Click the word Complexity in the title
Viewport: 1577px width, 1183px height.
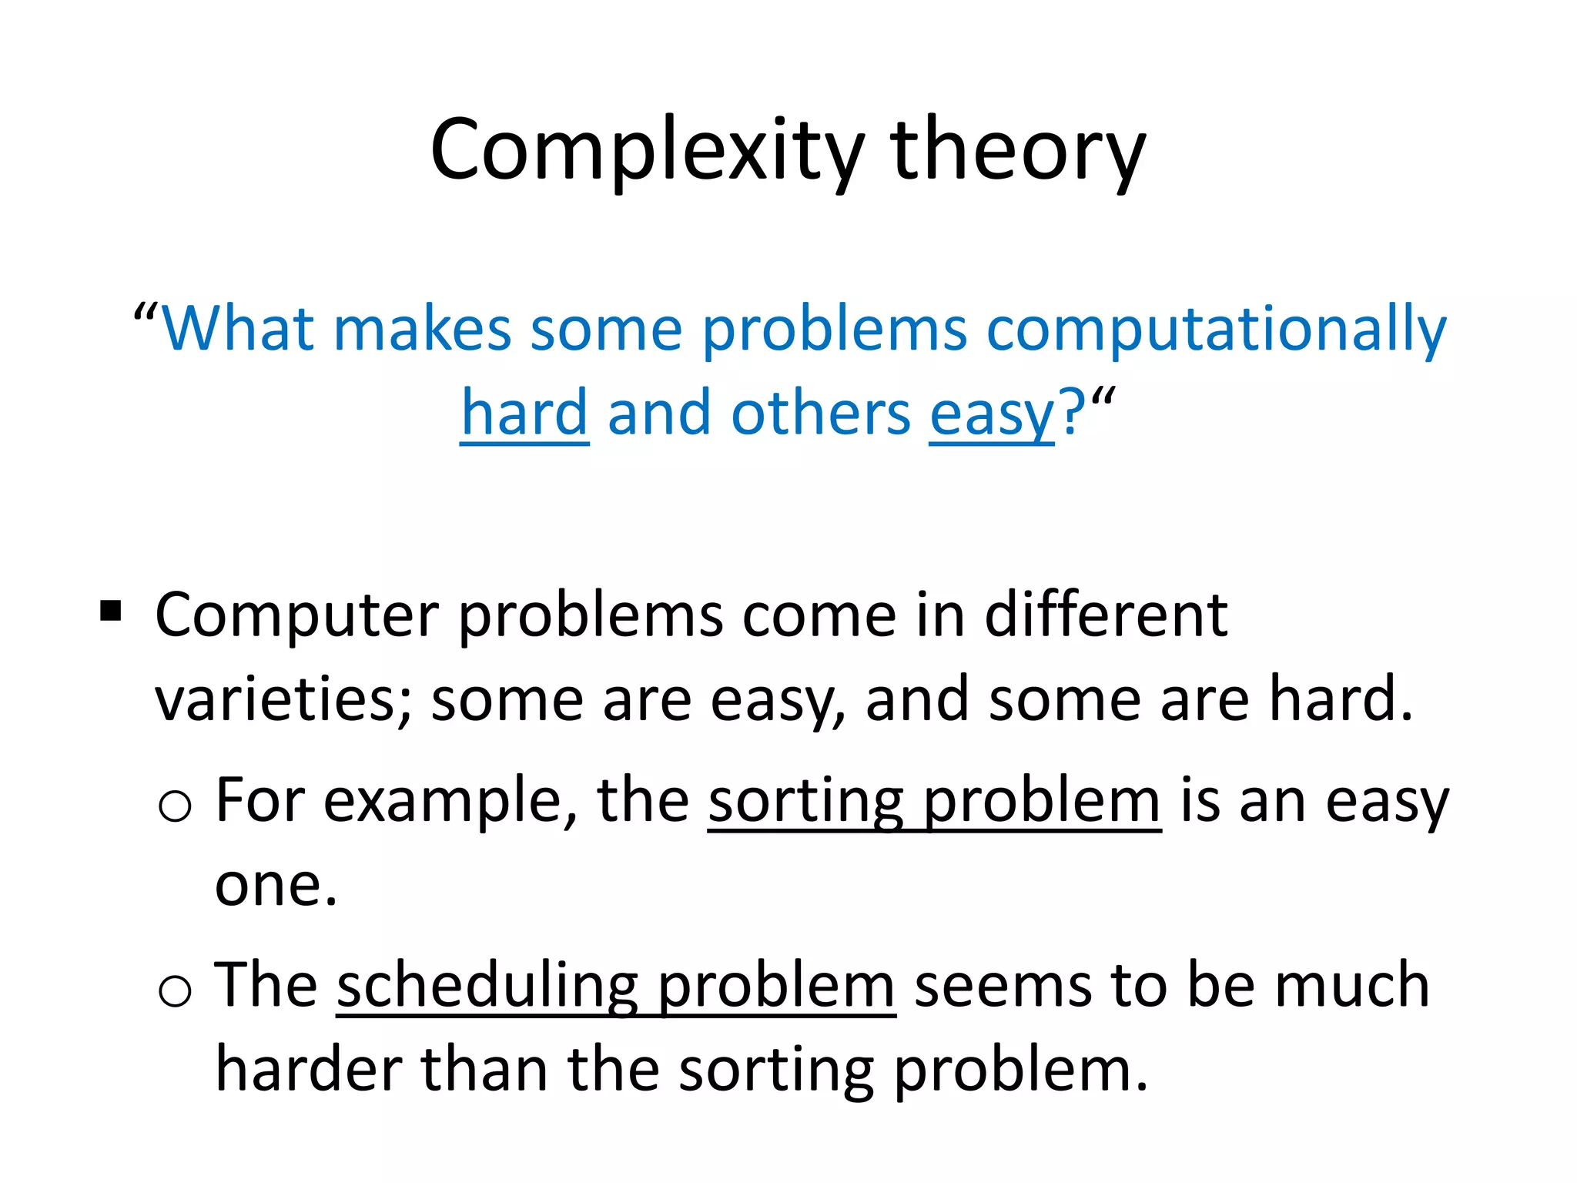pyautogui.click(x=647, y=150)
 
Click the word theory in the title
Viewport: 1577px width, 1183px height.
pyautogui.click(x=1018, y=150)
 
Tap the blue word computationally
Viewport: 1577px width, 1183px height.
pyautogui.click(x=1217, y=330)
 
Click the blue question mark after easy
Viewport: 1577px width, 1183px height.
pyautogui.click(x=1072, y=413)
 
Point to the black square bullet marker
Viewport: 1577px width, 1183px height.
pyautogui.click(x=111, y=612)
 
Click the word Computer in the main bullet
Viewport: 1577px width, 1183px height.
pyautogui.click(x=297, y=616)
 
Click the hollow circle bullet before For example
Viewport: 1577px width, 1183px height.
pyautogui.click(x=175, y=806)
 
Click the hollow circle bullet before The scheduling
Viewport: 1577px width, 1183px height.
pyautogui.click(x=175, y=990)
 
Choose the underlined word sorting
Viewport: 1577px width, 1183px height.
pyautogui.click(x=805, y=803)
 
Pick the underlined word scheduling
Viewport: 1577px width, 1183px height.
pyautogui.click(x=487, y=987)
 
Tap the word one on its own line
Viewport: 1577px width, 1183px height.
pyautogui.click(x=274, y=886)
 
